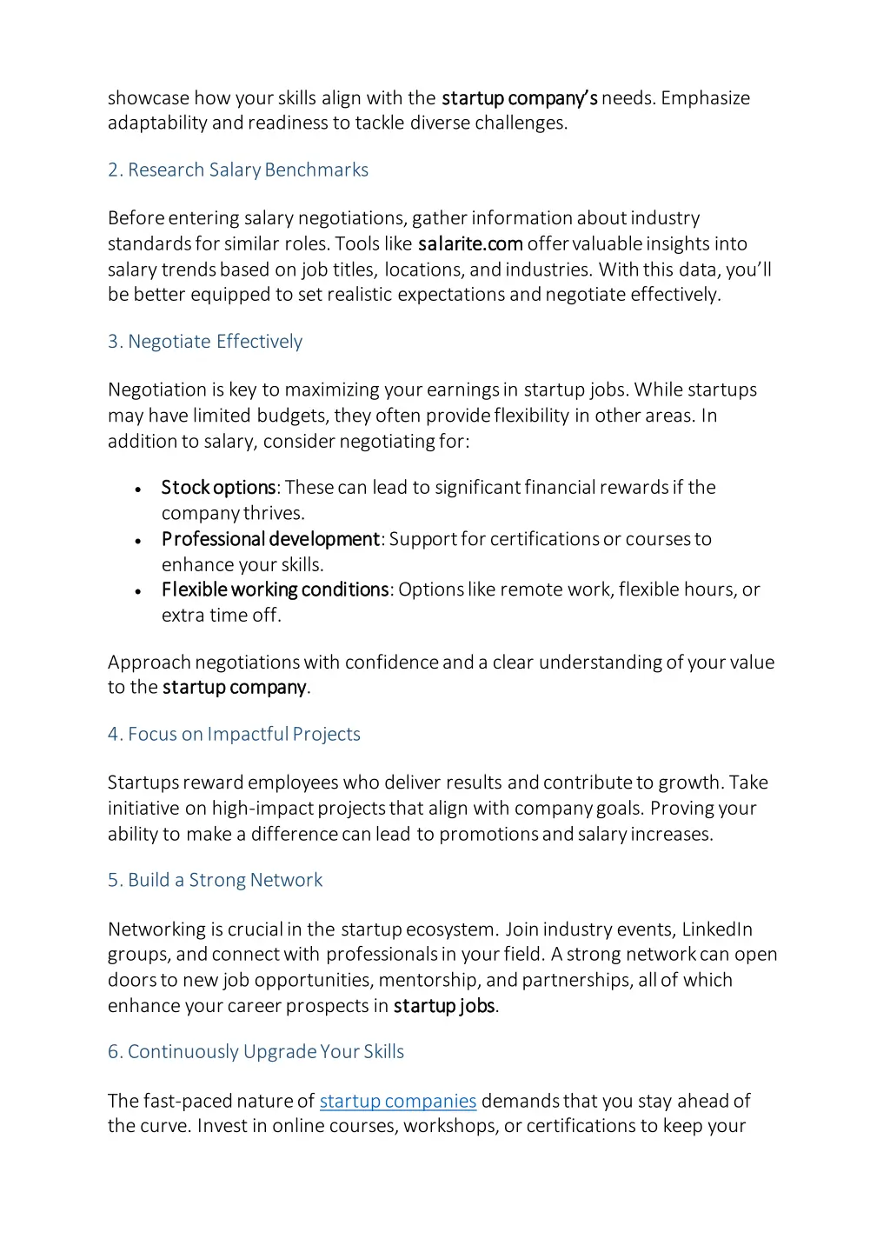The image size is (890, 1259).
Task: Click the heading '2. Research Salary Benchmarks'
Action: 237,170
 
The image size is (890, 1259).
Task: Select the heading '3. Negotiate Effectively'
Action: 205,342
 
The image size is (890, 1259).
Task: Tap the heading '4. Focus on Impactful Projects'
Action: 234,734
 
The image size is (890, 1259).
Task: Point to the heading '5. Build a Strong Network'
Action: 215,880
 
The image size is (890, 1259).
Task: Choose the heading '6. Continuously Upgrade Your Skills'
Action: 256,1051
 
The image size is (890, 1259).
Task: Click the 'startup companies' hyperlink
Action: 398,1101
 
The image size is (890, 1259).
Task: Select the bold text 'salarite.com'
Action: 470,243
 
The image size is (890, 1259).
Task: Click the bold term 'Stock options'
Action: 218,487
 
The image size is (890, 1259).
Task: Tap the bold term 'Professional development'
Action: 270,539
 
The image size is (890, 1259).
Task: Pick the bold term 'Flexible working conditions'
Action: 275,590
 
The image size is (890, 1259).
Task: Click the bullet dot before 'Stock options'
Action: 138,490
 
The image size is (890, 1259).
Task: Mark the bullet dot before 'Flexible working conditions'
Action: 138,591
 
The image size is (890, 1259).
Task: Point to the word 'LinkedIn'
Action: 717,929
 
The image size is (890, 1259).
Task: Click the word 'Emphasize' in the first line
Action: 705,97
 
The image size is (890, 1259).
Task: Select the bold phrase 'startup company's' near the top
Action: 519,97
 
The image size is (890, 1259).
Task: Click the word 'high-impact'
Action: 262,808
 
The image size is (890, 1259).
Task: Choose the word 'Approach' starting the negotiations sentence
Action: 149,663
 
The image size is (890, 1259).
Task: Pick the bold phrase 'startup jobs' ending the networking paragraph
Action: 444,1006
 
